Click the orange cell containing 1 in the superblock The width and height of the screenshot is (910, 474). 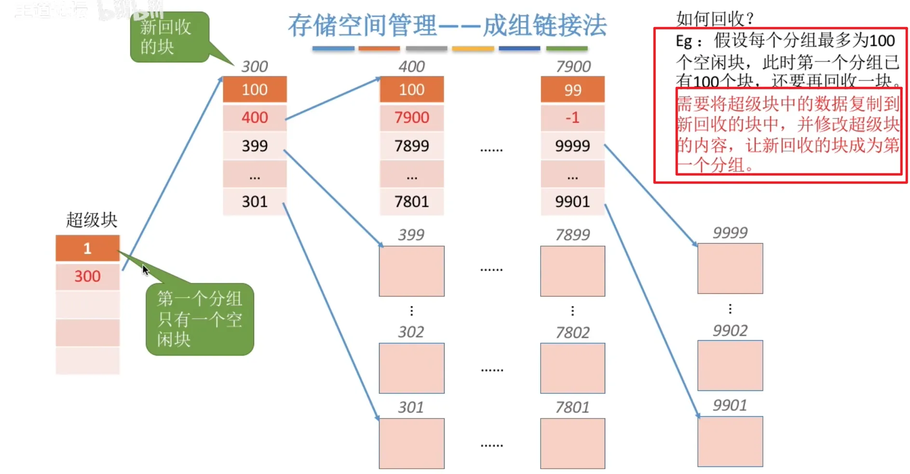(x=87, y=248)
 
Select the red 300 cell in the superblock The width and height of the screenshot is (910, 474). (x=87, y=276)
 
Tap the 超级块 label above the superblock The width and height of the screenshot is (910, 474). (x=92, y=220)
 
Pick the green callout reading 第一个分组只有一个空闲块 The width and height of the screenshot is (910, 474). (x=200, y=319)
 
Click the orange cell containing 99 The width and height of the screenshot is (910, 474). (x=572, y=90)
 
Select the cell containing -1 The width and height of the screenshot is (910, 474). (x=572, y=117)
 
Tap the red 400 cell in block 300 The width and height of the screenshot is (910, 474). (x=255, y=117)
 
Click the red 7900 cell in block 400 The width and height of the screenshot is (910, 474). (x=411, y=117)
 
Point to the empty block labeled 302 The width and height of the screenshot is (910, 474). (x=411, y=368)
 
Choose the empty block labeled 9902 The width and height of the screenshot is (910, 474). (x=730, y=365)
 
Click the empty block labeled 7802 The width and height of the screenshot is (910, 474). (x=572, y=368)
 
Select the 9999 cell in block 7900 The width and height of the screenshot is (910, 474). (x=572, y=145)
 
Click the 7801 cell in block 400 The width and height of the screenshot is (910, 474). (x=411, y=201)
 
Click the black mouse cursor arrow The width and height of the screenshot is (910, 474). (x=145, y=270)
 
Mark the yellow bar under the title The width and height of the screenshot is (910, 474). (x=473, y=48)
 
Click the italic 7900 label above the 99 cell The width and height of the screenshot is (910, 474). (x=573, y=66)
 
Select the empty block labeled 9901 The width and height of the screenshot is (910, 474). (x=730, y=441)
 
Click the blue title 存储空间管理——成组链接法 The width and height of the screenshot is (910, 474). (x=447, y=25)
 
